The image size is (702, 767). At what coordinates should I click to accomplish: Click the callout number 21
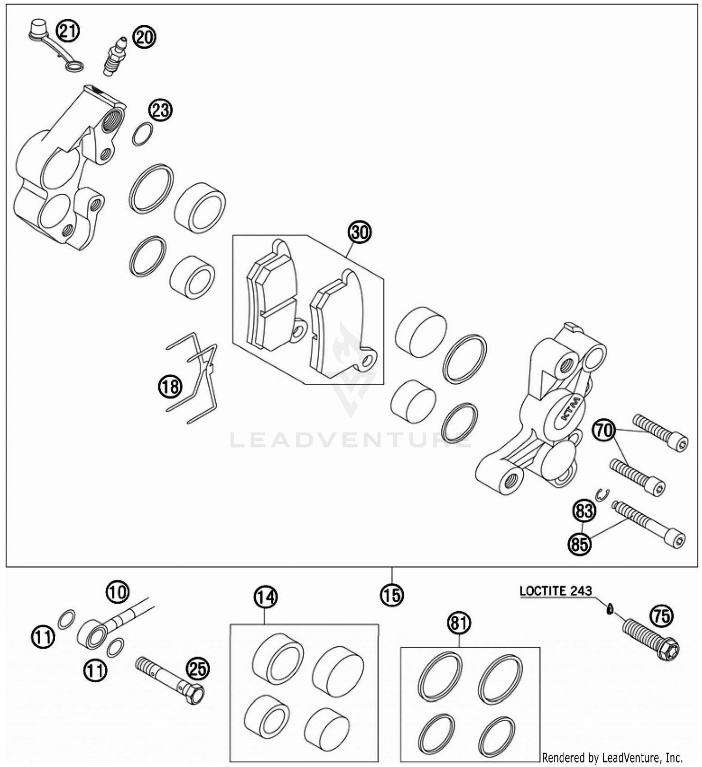pos(68,31)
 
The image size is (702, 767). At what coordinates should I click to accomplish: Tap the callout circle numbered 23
pos(161,110)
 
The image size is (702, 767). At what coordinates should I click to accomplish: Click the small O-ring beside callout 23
pos(142,134)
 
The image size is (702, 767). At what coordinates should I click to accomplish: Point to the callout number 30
pos(359,233)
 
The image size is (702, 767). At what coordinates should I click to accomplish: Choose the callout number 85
pos(579,544)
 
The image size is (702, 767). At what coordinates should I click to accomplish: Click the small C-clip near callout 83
pos(603,494)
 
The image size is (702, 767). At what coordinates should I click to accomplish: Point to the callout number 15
pos(392,595)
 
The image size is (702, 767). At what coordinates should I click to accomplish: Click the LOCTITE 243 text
pos(556,591)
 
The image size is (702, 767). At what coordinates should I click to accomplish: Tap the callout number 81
pos(459,623)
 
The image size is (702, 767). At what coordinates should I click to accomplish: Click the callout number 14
pos(265,597)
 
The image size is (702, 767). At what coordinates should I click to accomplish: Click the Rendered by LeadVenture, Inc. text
pos(612,757)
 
